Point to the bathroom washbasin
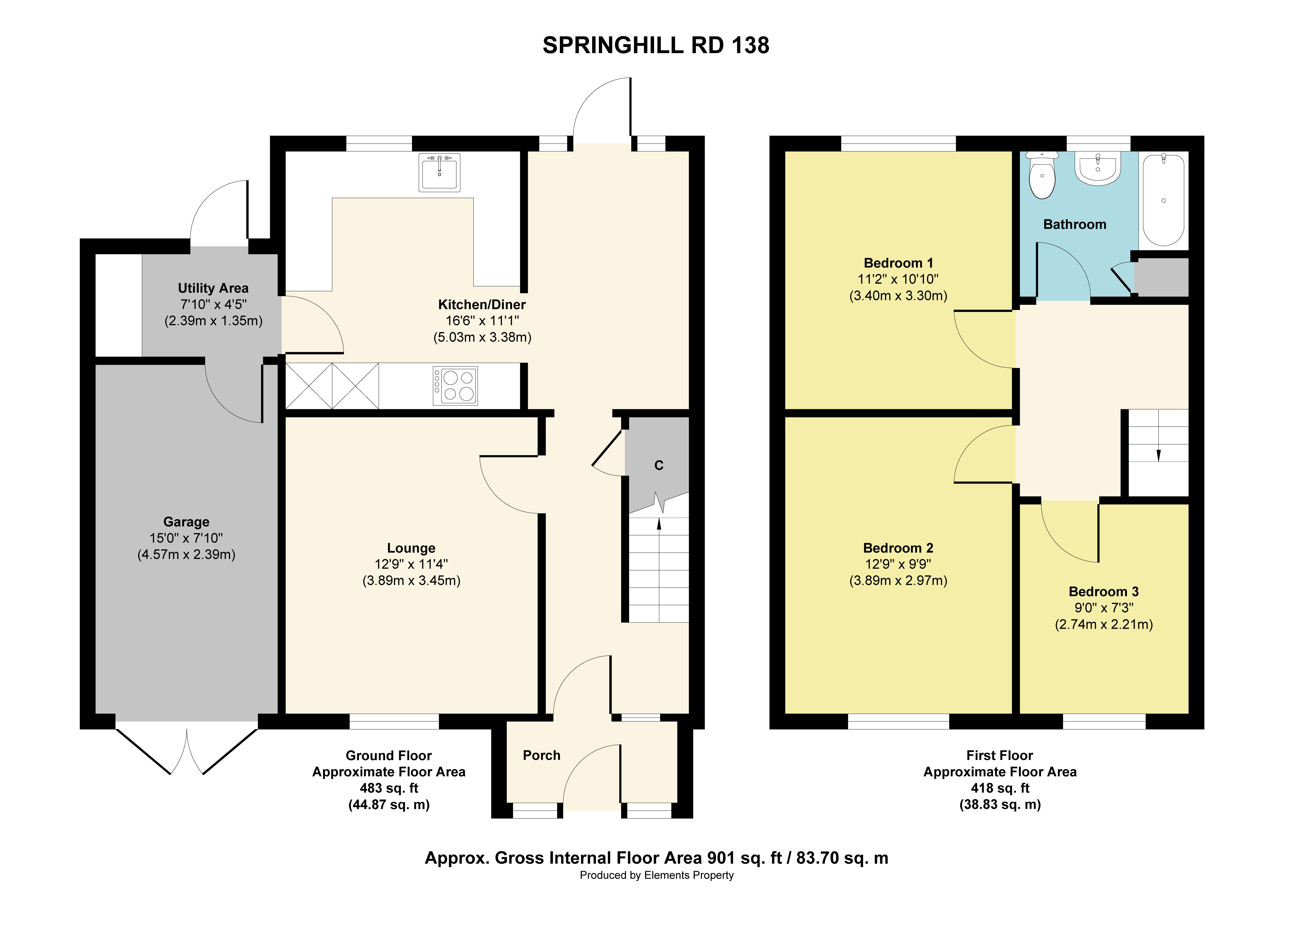1098,169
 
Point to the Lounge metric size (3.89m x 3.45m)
411,581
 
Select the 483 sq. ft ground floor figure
389,788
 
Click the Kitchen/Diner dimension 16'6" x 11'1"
482,321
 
